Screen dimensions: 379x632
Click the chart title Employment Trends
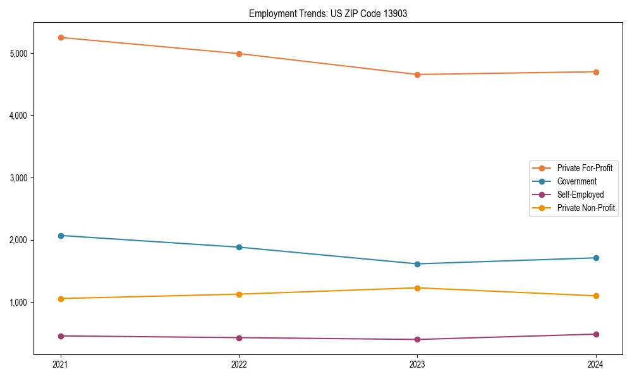tap(327, 13)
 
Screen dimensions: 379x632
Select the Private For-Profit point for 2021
tap(61, 37)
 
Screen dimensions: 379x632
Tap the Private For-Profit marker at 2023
tap(417, 75)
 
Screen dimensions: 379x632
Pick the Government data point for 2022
tap(239, 247)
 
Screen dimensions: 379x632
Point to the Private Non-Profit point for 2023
tap(417, 288)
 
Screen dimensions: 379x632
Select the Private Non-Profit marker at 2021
tap(61, 299)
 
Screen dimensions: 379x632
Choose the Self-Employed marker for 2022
tap(239, 338)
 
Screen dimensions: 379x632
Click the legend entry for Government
tap(576, 181)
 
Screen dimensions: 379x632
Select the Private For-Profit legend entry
tap(584, 168)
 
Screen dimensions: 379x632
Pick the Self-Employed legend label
tap(580, 195)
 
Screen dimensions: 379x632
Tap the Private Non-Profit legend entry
tap(586, 208)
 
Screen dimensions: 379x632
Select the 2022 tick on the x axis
tap(239, 364)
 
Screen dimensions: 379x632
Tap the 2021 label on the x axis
tap(61, 364)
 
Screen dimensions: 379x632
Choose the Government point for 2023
tap(417, 264)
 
